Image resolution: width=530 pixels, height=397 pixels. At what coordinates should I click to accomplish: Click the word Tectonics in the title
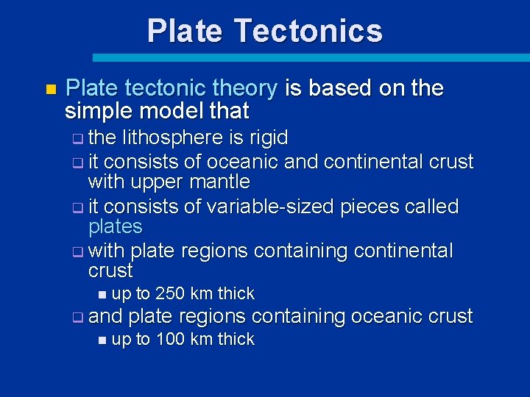tap(308, 31)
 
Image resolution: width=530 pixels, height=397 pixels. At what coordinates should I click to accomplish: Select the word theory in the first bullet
tap(244, 89)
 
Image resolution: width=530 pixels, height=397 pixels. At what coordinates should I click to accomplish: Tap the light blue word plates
tap(115, 226)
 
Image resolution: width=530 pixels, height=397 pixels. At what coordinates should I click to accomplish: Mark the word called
tap(431, 207)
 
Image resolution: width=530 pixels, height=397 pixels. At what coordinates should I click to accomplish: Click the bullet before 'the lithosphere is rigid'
tap(78, 139)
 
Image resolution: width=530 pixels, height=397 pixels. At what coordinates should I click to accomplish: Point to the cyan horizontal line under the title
tap(309, 57)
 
